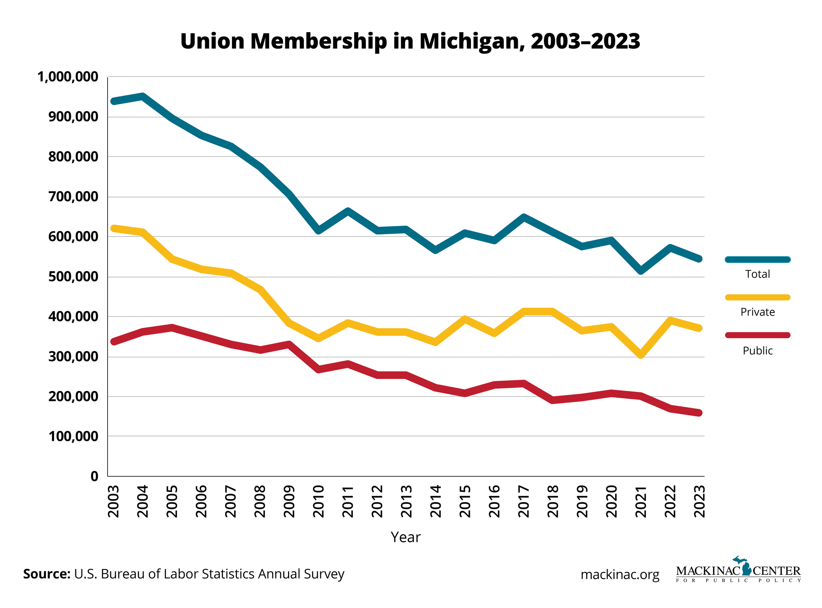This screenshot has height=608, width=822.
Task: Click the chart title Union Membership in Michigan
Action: pyautogui.click(x=410, y=41)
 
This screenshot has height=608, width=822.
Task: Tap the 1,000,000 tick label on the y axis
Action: pyautogui.click(x=68, y=77)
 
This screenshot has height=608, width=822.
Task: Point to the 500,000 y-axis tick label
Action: pyautogui.click(x=73, y=277)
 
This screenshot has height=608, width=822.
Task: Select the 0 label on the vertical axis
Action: pyautogui.click(x=94, y=476)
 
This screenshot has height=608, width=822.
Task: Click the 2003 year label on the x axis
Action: pyautogui.click(x=113, y=501)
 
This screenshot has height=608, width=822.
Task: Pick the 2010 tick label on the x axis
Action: pyautogui.click(x=319, y=501)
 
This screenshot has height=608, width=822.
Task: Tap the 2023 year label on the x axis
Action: pyautogui.click(x=699, y=501)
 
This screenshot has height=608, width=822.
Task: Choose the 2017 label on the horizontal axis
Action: pyautogui.click(x=523, y=501)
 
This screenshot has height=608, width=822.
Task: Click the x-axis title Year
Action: pyautogui.click(x=405, y=537)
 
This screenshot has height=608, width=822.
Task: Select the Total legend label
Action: pyautogui.click(x=757, y=274)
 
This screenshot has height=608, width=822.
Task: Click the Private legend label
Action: pyautogui.click(x=757, y=312)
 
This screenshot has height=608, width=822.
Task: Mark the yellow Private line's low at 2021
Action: pyautogui.click(x=641, y=355)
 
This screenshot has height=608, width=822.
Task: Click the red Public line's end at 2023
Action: pyautogui.click(x=699, y=413)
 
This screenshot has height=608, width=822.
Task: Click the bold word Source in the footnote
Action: pyautogui.click(x=46, y=574)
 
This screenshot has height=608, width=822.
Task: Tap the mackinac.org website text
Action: pyautogui.click(x=620, y=574)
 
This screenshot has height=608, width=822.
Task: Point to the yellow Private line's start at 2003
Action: pyautogui.click(x=114, y=229)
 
